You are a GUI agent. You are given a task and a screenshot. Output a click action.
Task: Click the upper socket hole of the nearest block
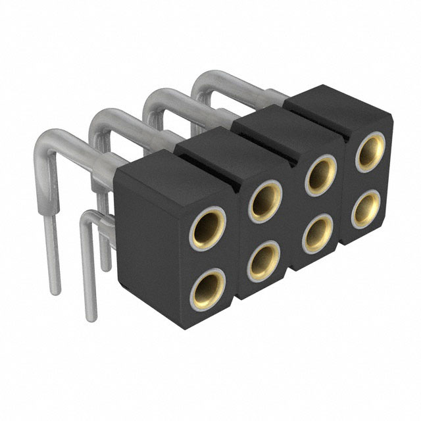(x=209, y=227)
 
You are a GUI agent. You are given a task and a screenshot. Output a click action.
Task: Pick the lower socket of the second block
(x=264, y=259)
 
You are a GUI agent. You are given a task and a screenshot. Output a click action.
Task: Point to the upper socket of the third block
(x=320, y=174)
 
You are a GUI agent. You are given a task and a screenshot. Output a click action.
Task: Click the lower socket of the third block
(x=319, y=234)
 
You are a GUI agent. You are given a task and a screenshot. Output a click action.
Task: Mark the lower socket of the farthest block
(x=366, y=209)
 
